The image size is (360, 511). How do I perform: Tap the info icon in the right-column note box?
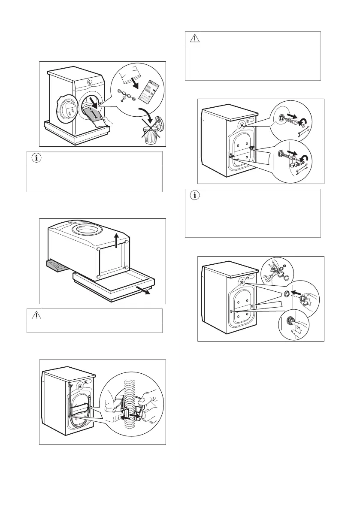[x=195, y=196]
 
